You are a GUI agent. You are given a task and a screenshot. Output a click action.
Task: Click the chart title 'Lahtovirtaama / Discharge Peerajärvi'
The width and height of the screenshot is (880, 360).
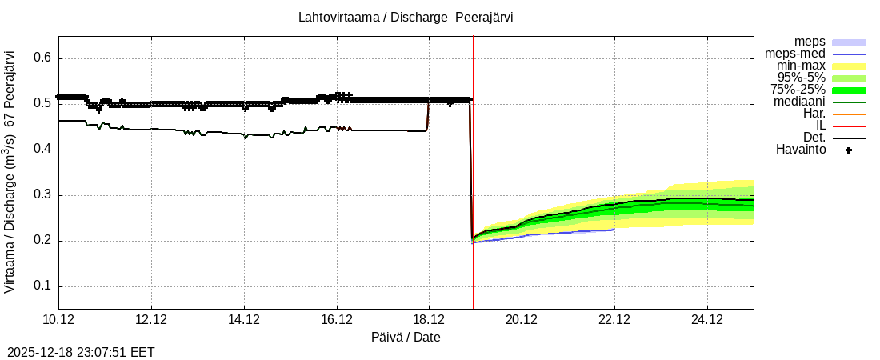[x=405, y=17]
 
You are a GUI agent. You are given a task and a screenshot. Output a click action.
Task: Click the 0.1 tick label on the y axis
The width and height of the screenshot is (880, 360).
[x=42, y=286]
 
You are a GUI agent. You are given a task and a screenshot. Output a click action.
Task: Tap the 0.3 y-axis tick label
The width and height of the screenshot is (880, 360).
[x=42, y=195]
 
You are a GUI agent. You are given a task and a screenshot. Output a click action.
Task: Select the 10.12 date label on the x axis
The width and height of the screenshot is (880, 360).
[x=58, y=319]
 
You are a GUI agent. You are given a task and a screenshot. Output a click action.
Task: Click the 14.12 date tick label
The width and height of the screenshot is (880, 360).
[x=244, y=319]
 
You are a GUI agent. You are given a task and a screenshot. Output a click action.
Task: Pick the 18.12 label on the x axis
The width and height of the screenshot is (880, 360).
[x=429, y=319]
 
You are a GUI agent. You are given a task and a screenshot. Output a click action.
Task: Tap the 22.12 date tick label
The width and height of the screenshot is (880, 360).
[x=614, y=319]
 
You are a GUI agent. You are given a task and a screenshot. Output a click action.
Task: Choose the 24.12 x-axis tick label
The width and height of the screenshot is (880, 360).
[x=706, y=319]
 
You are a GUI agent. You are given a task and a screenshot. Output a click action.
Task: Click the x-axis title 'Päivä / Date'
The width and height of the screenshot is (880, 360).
[x=406, y=337]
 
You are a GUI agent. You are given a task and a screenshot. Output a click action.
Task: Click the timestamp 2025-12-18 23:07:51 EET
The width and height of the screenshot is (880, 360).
[x=81, y=352]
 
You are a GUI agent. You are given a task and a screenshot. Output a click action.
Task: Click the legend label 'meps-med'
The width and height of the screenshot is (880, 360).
[x=795, y=54]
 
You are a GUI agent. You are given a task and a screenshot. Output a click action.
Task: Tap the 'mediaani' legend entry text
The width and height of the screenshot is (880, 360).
[x=799, y=102]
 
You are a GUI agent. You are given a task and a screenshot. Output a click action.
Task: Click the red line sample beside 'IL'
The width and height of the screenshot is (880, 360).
[x=849, y=126]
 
